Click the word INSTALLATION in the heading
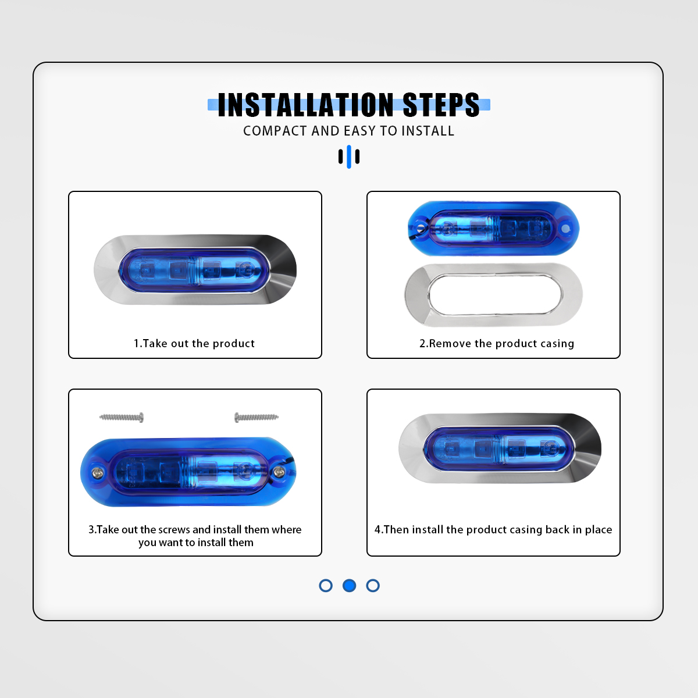305,105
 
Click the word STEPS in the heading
441,105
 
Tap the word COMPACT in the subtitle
275,131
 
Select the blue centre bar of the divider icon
349,156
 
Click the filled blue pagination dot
349,585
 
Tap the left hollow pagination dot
326,585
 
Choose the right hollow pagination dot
373,585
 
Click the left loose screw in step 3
122,417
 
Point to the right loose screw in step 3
257,417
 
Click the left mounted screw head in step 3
97,472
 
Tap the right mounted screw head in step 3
279,472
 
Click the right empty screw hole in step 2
565,229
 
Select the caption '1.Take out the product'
194,343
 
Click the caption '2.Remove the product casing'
497,343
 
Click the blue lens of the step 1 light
194,270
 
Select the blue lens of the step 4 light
498,449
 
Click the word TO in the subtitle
389,131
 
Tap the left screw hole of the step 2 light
421,229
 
